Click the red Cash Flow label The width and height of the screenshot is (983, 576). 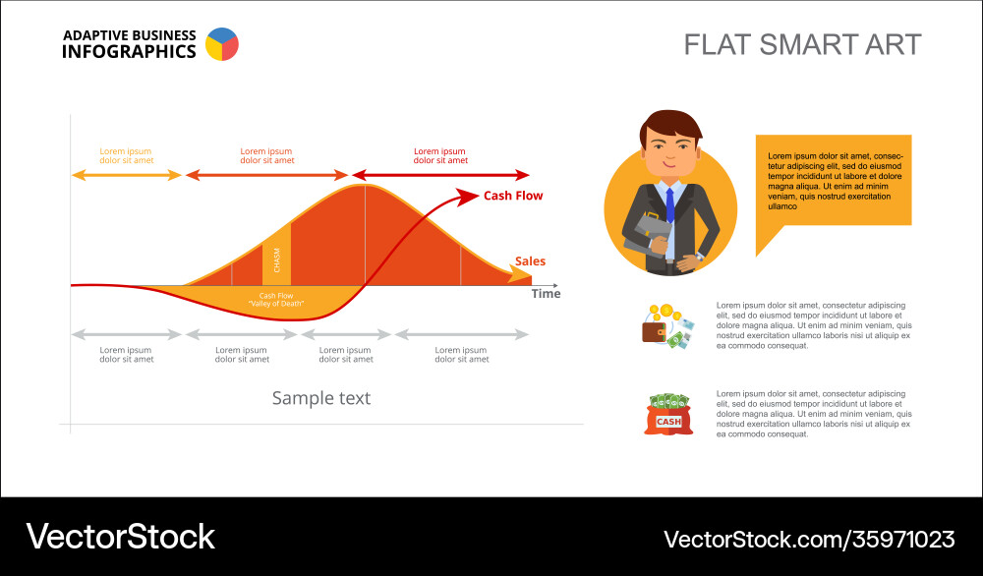(x=513, y=196)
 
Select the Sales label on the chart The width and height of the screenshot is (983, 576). (x=531, y=261)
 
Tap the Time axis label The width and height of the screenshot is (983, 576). (x=546, y=293)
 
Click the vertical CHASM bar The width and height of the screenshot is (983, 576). (x=276, y=255)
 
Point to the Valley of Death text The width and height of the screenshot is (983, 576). (x=276, y=304)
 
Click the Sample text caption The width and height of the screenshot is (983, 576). (x=321, y=398)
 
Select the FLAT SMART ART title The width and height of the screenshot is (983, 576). (x=802, y=45)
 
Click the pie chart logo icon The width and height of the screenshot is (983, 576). (x=222, y=44)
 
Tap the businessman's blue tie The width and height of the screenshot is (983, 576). (x=670, y=204)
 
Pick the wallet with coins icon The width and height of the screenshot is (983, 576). (x=667, y=326)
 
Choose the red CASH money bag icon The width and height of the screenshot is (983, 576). (x=668, y=414)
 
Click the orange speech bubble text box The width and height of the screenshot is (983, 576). (x=834, y=182)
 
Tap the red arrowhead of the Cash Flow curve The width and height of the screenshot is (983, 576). (x=467, y=197)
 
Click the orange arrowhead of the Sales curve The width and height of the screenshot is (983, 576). (x=520, y=274)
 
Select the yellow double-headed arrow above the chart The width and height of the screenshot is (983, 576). (x=127, y=176)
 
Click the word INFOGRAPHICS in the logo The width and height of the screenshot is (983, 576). (x=129, y=52)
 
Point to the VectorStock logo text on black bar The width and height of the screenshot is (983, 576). (x=120, y=537)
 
